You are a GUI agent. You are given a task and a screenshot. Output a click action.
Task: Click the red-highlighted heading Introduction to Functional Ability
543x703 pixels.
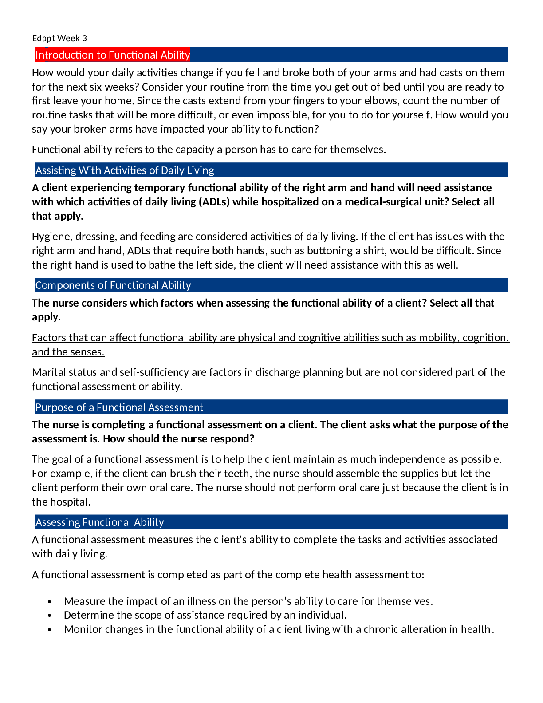(113, 55)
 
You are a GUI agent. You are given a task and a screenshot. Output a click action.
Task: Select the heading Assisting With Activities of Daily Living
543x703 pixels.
(125, 170)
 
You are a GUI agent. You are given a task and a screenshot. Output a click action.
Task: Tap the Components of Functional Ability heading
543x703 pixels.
(113, 285)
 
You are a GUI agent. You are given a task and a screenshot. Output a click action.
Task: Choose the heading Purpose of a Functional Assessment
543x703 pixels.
(119, 407)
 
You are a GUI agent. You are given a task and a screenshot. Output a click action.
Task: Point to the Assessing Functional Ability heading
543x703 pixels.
(100, 522)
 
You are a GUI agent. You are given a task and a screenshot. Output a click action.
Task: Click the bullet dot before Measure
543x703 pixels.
(50, 602)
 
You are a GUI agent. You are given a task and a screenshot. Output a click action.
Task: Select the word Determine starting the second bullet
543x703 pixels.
(87, 615)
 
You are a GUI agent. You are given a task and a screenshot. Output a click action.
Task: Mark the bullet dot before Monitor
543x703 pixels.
(50, 630)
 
